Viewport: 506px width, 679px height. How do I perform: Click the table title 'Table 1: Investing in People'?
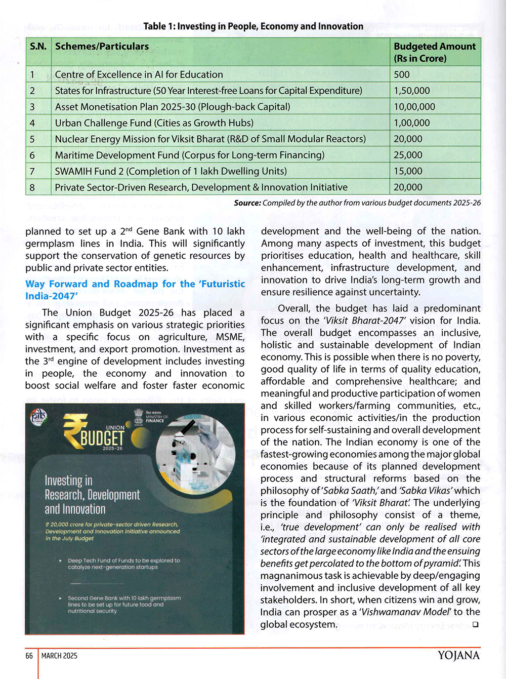coord(253,26)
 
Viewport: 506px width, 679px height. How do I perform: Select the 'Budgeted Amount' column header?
coord(434,52)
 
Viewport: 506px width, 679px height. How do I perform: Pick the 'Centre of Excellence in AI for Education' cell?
coord(139,74)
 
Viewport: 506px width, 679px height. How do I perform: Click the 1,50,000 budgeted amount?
coord(412,91)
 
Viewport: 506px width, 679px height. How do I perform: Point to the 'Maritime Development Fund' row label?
coord(189,155)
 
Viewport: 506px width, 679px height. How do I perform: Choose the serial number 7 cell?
coord(32,171)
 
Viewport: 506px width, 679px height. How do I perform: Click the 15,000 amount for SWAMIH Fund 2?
coord(408,171)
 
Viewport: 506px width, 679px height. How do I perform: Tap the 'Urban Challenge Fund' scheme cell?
coord(154,123)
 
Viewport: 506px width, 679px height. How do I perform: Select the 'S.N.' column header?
coord(38,47)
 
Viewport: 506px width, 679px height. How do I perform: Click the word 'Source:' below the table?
coord(247,203)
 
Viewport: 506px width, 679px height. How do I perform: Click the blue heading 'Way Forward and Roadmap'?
coord(135,290)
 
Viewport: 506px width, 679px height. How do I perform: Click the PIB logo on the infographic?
coord(38,416)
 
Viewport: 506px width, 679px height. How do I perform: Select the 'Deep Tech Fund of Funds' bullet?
coord(123,564)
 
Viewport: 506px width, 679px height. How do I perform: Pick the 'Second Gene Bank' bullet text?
coord(124,604)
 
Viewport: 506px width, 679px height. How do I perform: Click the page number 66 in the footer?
coord(29,656)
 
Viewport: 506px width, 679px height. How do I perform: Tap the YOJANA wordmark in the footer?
coord(458,655)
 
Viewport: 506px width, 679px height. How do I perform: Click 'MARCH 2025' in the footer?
coord(59,656)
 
